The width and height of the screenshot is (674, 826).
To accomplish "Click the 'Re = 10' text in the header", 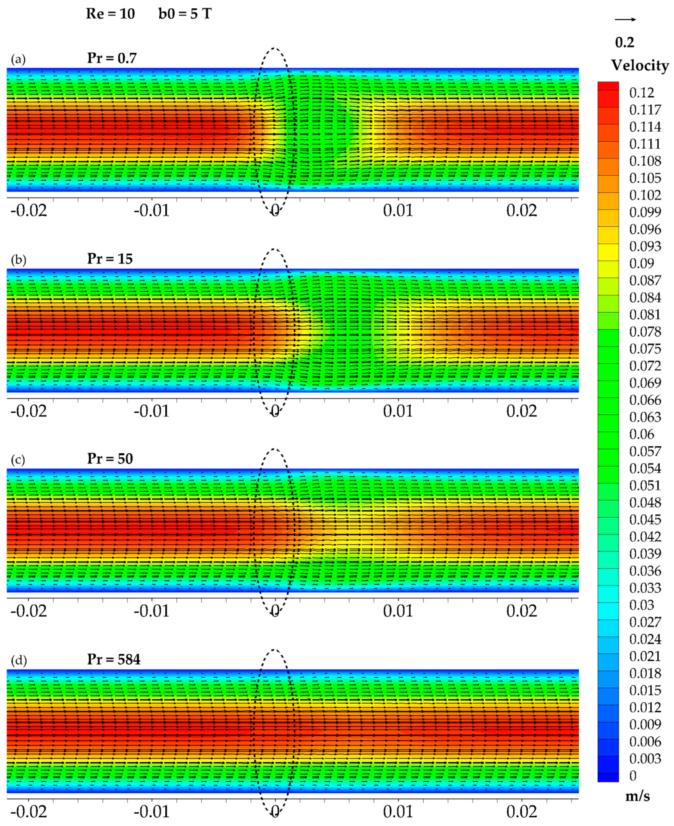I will (110, 14).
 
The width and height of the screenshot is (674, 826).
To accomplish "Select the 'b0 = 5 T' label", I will (185, 14).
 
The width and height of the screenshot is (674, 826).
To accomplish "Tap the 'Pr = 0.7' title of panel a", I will (112, 58).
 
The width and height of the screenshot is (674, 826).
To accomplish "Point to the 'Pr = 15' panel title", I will (110, 259).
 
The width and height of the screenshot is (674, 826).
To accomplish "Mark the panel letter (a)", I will (18, 59).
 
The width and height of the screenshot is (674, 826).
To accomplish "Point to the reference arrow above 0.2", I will (625, 19).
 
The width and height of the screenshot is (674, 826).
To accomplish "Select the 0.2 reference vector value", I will (625, 42).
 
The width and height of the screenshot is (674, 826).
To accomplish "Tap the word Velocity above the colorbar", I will (640, 65).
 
